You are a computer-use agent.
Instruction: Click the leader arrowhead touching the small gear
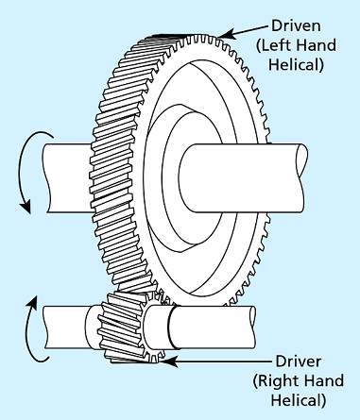click(x=168, y=358)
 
